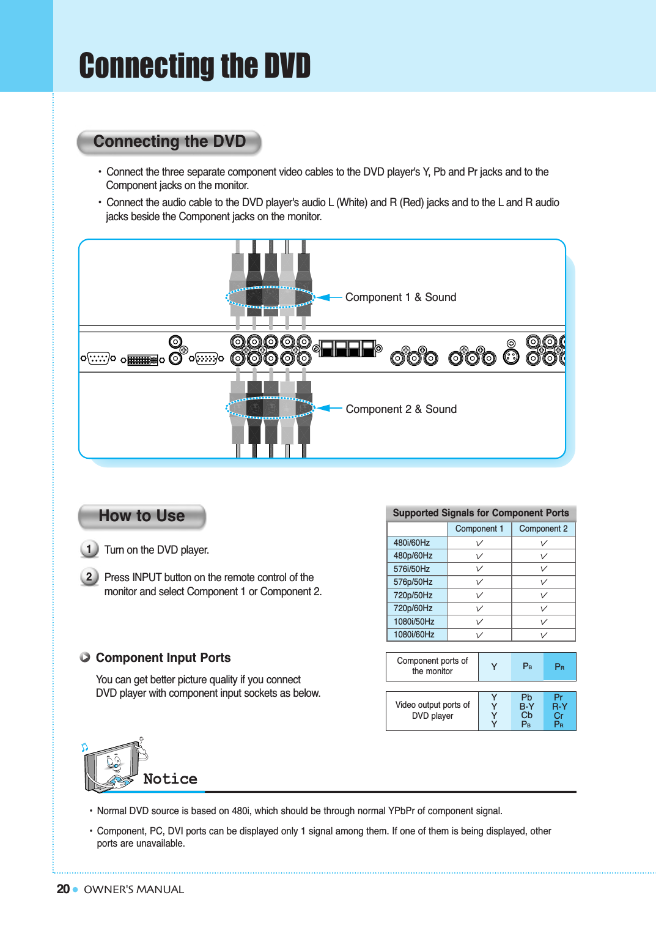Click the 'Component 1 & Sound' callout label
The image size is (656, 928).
click(x=400, y=297)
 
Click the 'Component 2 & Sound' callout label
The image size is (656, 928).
click(x=401, y=409)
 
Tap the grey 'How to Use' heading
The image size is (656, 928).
click(x=142, y=516)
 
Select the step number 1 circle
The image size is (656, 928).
click(x=89, y=549)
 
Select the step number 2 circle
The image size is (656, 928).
click(x=89, y=576)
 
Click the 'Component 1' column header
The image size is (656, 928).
click(x=479, y=529)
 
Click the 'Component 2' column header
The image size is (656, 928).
click(x=543, y=529)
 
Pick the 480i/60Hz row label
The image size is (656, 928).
click(x=412, y=543)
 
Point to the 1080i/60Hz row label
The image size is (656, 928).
click(x=414, y=634)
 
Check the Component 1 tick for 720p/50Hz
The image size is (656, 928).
click(x=479, y=595)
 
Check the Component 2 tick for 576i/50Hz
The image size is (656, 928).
click(x=544, y=569)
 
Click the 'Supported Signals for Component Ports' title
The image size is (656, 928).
click(x=481, y=513)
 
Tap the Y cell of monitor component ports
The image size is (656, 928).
click(x=494, y=667)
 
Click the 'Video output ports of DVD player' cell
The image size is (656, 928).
click(x=432, y=710)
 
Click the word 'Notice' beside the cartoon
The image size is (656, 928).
click(x=170, y=779)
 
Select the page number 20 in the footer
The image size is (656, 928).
click(x=63, y=889)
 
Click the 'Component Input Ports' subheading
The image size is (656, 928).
click(x=163, y=658)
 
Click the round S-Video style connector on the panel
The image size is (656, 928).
click(x=511, y=357)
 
